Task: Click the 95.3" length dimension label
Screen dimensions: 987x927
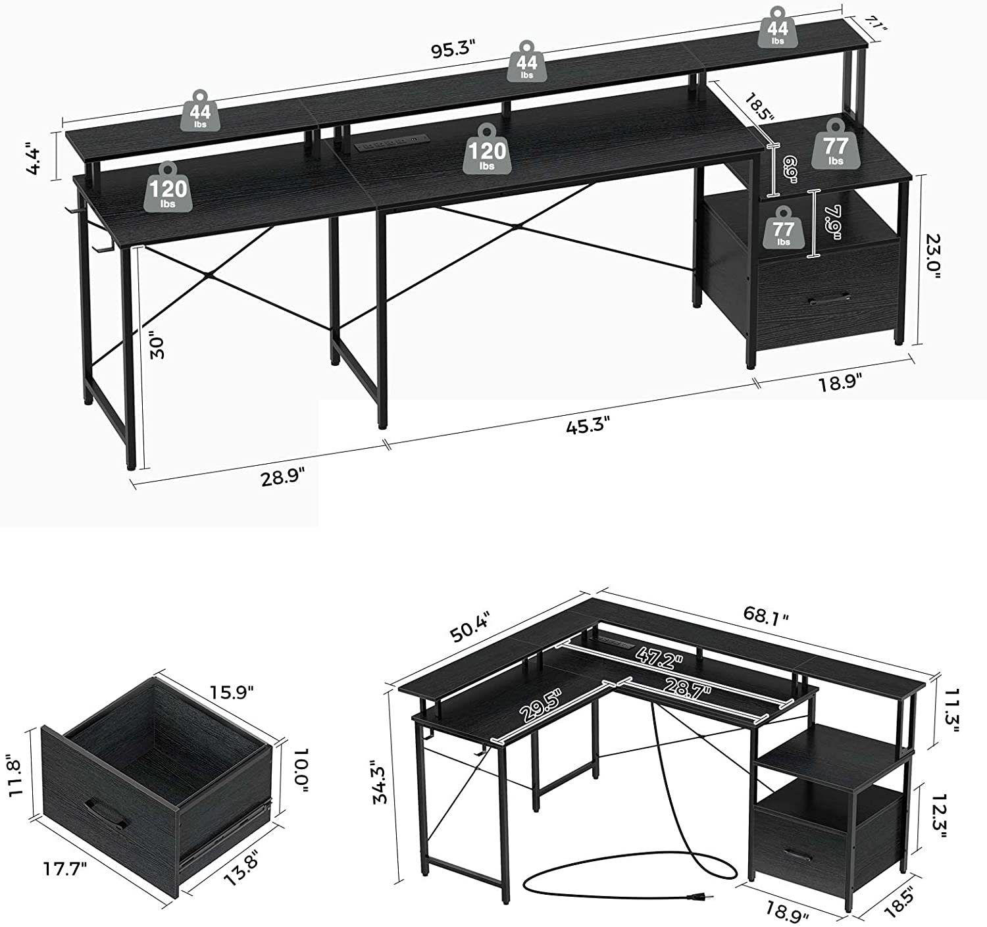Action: [453, 51]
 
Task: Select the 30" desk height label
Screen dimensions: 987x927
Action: [158, 347]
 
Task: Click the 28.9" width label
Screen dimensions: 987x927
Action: [283, 478]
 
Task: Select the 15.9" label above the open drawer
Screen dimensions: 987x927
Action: [231, 692]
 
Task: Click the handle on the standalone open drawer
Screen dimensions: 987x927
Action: [107, 814]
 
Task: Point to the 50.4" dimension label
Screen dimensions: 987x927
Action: [470, 626]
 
